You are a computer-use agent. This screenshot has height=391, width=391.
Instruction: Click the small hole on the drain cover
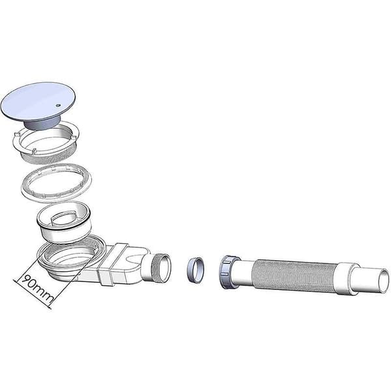coord(58,106)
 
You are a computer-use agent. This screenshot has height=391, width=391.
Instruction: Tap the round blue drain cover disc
coord(38,101)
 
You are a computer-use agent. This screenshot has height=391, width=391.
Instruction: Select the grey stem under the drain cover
coord(42,123)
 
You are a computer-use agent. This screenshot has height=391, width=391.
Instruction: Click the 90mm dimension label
coord(37,289)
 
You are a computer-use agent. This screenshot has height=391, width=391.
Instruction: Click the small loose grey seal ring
coord(196,270)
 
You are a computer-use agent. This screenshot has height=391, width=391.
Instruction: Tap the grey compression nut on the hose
coord(228,272)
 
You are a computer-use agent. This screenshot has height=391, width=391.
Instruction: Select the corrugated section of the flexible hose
coord(295,276)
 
